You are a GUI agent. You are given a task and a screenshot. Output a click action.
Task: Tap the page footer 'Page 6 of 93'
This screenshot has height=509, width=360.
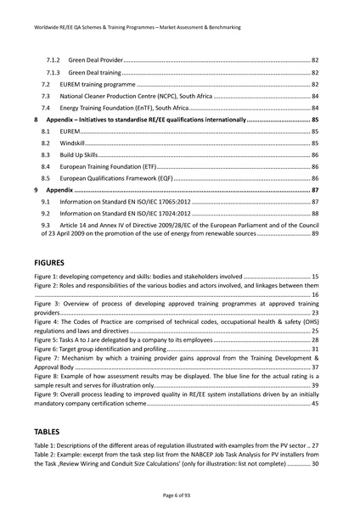(179, 493)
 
